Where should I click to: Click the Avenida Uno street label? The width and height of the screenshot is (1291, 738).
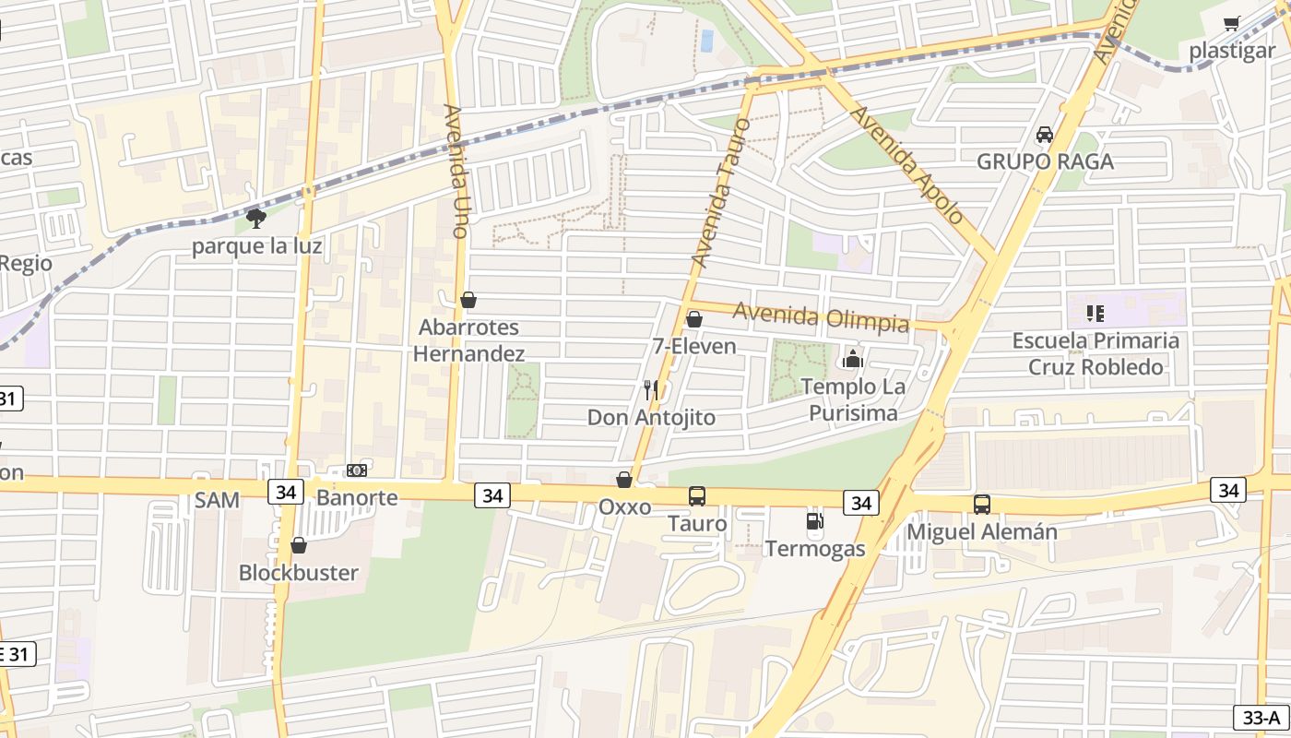pyautogui.click(x=456, y=172)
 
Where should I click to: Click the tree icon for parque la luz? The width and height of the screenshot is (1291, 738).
pyautogui.click(x=256, y=219)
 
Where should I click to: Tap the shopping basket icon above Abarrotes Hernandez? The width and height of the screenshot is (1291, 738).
pyautogui.click(x=468, y=300)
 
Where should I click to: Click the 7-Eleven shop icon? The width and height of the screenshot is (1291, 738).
pyautogui.click(x=694, y=319)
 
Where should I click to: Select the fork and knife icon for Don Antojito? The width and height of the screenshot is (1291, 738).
pyautogui.click(x=651, y=390)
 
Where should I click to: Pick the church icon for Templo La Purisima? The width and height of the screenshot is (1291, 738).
pyautogui.click(x=853, y=358)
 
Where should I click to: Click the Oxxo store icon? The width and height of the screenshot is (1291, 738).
pyautogui.click(x=624, y=480)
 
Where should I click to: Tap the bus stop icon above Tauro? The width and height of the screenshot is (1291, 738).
pyautogui.click(x=697, y=496)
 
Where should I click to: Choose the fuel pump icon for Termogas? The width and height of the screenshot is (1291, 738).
pyautogui.click(x=814, y=521)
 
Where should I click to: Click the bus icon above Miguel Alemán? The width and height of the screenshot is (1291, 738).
pyautogui.click(x=982, y=505)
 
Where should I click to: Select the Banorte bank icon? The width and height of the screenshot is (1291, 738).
pyautogui.click(x=357, y=470)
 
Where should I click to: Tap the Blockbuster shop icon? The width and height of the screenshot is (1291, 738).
pyautogui.click(x=298, y=545)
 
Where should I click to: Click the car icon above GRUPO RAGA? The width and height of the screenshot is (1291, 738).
pyautogui.click(x=1045, y=135)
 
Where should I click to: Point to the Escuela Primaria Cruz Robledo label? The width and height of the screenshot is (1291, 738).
pyautogui.click(x=1095, y=353)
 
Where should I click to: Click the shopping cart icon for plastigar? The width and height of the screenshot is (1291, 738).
pyautogui.click(x=1232, y=24)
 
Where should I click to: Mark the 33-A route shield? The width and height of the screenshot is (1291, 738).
pyautogui.click(x=1259, y=717)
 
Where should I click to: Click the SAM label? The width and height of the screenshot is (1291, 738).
pyautogui.click(x=217, y=500)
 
